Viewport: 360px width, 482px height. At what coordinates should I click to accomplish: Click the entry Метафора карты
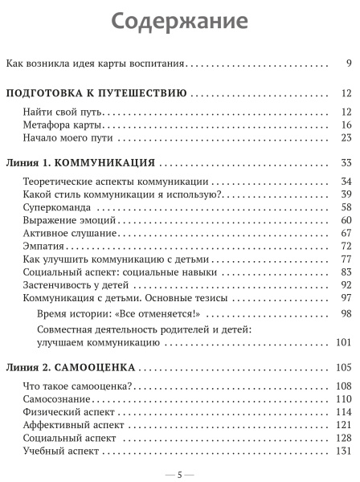click(61, 125)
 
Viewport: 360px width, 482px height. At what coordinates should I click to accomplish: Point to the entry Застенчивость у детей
click(74, 284)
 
